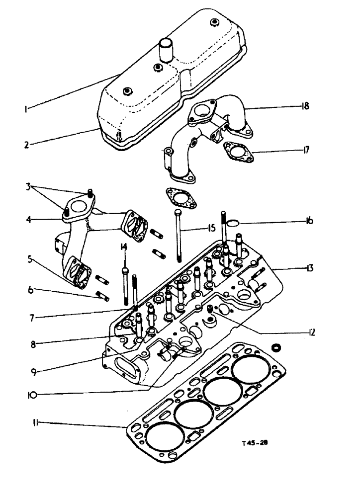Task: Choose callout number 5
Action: pos(30,258)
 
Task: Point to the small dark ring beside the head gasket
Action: pos(275,347)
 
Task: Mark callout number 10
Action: pos(32,396)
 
